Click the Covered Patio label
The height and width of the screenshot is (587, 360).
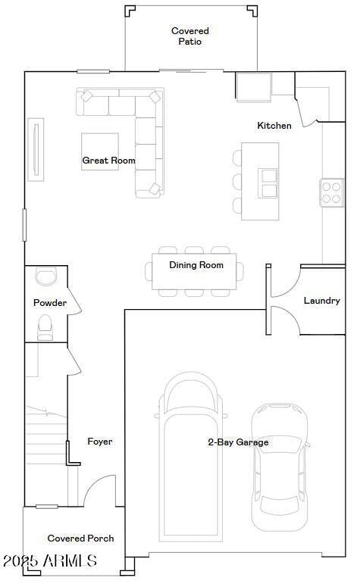(x=189, y=36)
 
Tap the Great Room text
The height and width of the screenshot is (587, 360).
(x=108, y=161)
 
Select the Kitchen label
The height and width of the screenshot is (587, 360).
(x=274, y=126)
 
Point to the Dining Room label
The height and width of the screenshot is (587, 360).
(x=196, y=265)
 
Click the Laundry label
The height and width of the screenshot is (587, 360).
(x=321, y=301)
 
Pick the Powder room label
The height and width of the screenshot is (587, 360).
(x=50, y=303)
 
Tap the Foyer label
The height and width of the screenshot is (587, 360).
(x=100, y=442)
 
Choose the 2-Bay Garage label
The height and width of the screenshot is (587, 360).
(x=238, y=442)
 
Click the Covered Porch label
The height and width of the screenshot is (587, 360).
(x=81, y=539)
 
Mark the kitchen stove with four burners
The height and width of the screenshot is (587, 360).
(x=331, y=192)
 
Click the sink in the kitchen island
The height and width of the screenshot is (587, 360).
(x=269, y=183)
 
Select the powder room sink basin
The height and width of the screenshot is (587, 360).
(x=46, y=277)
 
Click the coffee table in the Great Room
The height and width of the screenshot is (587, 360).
(x=100, y=151)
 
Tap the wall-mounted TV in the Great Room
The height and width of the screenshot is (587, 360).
(x=33, y=149)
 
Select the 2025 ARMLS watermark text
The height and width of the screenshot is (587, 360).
(x=49, y=561)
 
